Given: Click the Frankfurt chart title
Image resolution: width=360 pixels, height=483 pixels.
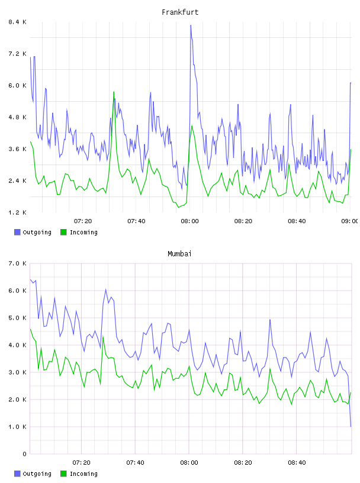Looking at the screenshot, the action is pos(180,12).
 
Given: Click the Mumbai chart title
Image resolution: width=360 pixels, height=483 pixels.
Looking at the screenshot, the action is pos(179,254).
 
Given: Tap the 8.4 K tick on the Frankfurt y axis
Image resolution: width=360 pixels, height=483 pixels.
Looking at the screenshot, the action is pos(18,22).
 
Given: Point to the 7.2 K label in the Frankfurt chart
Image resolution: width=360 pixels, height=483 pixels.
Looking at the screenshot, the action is pos(18,54).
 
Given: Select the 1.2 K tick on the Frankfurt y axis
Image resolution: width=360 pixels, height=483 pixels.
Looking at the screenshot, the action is pos(18,212).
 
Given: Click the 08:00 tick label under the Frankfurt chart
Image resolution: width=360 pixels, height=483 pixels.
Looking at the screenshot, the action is pos(190,221).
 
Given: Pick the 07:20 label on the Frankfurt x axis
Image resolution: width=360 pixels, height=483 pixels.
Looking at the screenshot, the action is pos(83,221).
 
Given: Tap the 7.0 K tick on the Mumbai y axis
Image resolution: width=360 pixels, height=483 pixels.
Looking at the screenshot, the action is pos(18,263).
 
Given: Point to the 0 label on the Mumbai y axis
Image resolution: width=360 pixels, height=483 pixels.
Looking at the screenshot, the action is pos(25,454).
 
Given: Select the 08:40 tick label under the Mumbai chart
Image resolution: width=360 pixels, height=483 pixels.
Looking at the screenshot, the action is pos(297,463).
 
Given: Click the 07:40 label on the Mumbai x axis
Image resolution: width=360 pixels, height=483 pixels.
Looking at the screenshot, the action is pos(136,463).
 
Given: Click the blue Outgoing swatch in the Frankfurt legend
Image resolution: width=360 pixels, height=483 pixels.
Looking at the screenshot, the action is pos(17,232).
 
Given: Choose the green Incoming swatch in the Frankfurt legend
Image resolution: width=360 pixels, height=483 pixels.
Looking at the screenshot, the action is pos(63,232).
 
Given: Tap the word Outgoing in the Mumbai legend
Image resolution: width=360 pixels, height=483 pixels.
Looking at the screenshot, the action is pos(37,474).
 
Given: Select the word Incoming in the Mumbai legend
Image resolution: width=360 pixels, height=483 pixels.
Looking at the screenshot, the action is pos(83,474).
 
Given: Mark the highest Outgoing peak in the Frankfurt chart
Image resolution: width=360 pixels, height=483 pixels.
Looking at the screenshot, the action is pos(191,25).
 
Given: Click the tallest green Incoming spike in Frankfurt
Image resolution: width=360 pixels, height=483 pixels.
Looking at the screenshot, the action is pos(114,92).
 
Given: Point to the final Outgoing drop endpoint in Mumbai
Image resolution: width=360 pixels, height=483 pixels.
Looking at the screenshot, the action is pos(351,427).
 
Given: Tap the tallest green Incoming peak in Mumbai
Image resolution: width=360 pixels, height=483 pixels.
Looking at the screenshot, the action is pos(31,329).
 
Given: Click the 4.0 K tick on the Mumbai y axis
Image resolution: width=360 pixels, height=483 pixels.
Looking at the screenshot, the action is pos(18,345).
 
